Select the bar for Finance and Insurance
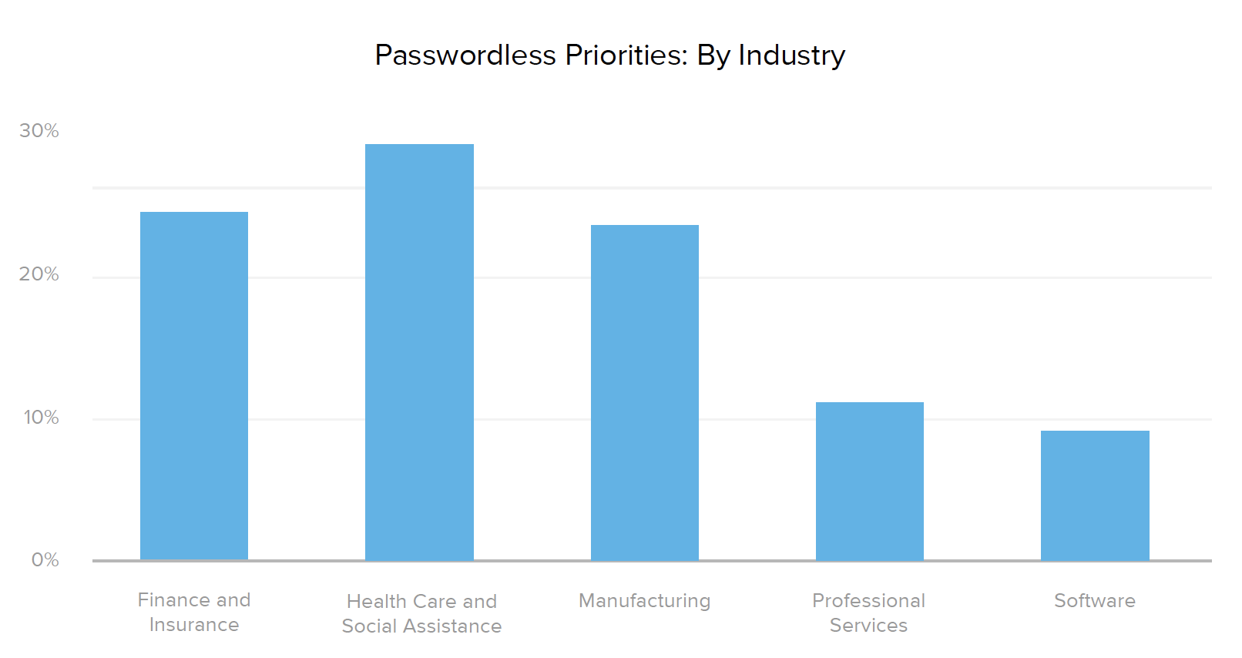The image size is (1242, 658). tap(194, 385)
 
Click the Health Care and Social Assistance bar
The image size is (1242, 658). tap(419, 352)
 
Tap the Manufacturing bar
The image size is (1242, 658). tap(645, 392)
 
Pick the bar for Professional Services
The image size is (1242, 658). tap(870, 481)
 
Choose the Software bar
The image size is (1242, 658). tap(1095, 495)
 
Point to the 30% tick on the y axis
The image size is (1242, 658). tap(39, 131)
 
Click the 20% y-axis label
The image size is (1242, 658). tap(39, 274)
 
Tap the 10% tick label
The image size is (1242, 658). tap(41, 418)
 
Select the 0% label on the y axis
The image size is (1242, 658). tap(45, 560)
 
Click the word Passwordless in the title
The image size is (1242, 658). tap(465, 55)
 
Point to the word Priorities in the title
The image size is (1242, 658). tap(626, 55)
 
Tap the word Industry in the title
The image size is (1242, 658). tap(791, 55)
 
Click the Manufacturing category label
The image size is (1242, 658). tap(645, 601)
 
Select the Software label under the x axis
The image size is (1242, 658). tap(1095, 601)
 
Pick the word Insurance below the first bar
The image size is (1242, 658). tap(194, 625)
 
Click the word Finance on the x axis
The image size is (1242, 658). tap(174, 600)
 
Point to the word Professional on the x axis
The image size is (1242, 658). tap(869, 601)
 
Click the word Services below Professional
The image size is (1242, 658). tap(869, 626)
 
